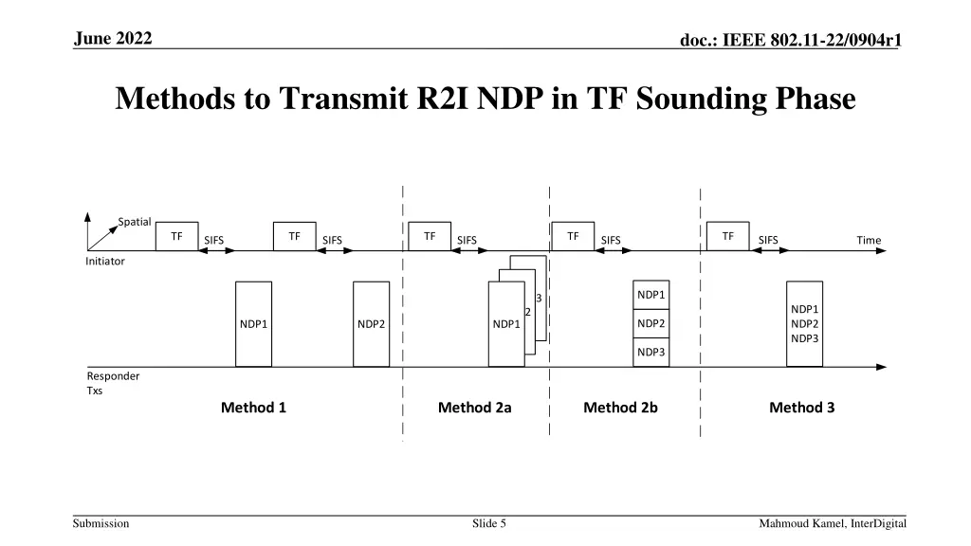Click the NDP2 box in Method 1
pos(371,323)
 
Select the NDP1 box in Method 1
pos(253,323)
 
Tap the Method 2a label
pos(474,408)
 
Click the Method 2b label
pos(620,408)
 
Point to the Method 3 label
pos(801,408)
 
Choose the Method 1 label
pos(253,408)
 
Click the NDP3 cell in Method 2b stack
pos(650,353)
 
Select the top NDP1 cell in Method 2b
pos(650,295)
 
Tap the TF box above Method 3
pos(727,236)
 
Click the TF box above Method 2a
pos(430,236)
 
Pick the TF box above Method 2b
pos(573,236)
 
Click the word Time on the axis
pos(869,240)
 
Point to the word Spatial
pos(135,222)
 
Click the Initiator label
pos(105,261)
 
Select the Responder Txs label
pos(113,383)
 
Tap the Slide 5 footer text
pos(489,523)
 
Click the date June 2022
pos(113,38)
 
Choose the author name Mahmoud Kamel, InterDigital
pos(833,523)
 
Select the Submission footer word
pos(102,523)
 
